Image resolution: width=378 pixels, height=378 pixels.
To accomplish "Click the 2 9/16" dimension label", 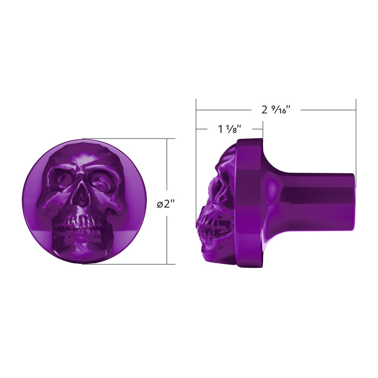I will [x=275, y=110].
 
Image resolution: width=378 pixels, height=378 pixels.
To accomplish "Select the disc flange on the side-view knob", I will [x=249, y=203].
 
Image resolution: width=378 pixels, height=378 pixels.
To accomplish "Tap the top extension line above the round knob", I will [x=128, y=139].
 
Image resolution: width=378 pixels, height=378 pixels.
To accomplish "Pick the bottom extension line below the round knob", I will [x=128, y=264].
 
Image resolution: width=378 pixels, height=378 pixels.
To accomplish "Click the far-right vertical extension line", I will [x=356, y=142].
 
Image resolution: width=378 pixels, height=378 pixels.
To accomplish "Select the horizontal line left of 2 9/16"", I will [x=227, y=110].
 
